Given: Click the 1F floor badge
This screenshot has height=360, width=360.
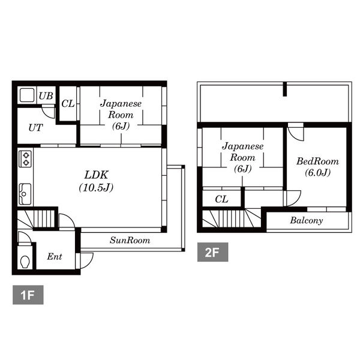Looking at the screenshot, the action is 28,295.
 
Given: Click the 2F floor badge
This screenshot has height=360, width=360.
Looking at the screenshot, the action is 212,252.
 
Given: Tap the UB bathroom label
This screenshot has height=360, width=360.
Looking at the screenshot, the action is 46,96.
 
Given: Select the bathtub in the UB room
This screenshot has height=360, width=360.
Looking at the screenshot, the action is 27,95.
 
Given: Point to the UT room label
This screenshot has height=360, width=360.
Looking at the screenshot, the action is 35,128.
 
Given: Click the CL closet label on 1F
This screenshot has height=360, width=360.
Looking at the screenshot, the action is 68,104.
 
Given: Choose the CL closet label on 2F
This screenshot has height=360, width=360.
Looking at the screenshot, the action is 221,199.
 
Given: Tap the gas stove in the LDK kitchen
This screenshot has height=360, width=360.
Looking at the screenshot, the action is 25,158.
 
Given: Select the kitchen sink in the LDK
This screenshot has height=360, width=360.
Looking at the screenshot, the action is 25,194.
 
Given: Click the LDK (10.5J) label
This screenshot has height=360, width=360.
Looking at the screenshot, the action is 96,181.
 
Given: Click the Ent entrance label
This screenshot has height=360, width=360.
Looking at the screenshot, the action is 55,256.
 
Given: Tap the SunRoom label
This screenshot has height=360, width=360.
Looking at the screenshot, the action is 130,240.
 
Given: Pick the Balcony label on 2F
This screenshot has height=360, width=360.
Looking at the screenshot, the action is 307,221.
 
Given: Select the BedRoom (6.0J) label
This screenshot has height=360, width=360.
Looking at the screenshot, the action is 318,167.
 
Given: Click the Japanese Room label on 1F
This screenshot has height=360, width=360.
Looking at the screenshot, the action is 121,115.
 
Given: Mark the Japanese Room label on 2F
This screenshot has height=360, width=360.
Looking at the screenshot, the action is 242,157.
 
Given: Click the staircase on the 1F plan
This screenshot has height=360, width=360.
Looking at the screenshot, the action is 37,218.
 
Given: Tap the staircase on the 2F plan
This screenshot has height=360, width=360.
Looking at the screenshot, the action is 232,218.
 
